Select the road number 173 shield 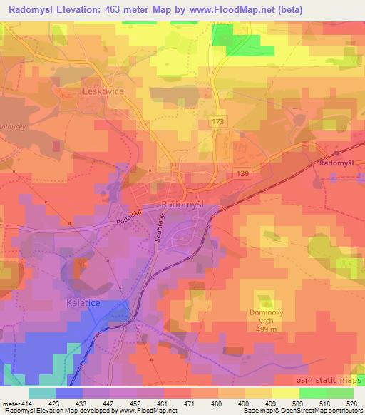[218, 123]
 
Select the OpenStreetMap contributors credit [319, 411]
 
